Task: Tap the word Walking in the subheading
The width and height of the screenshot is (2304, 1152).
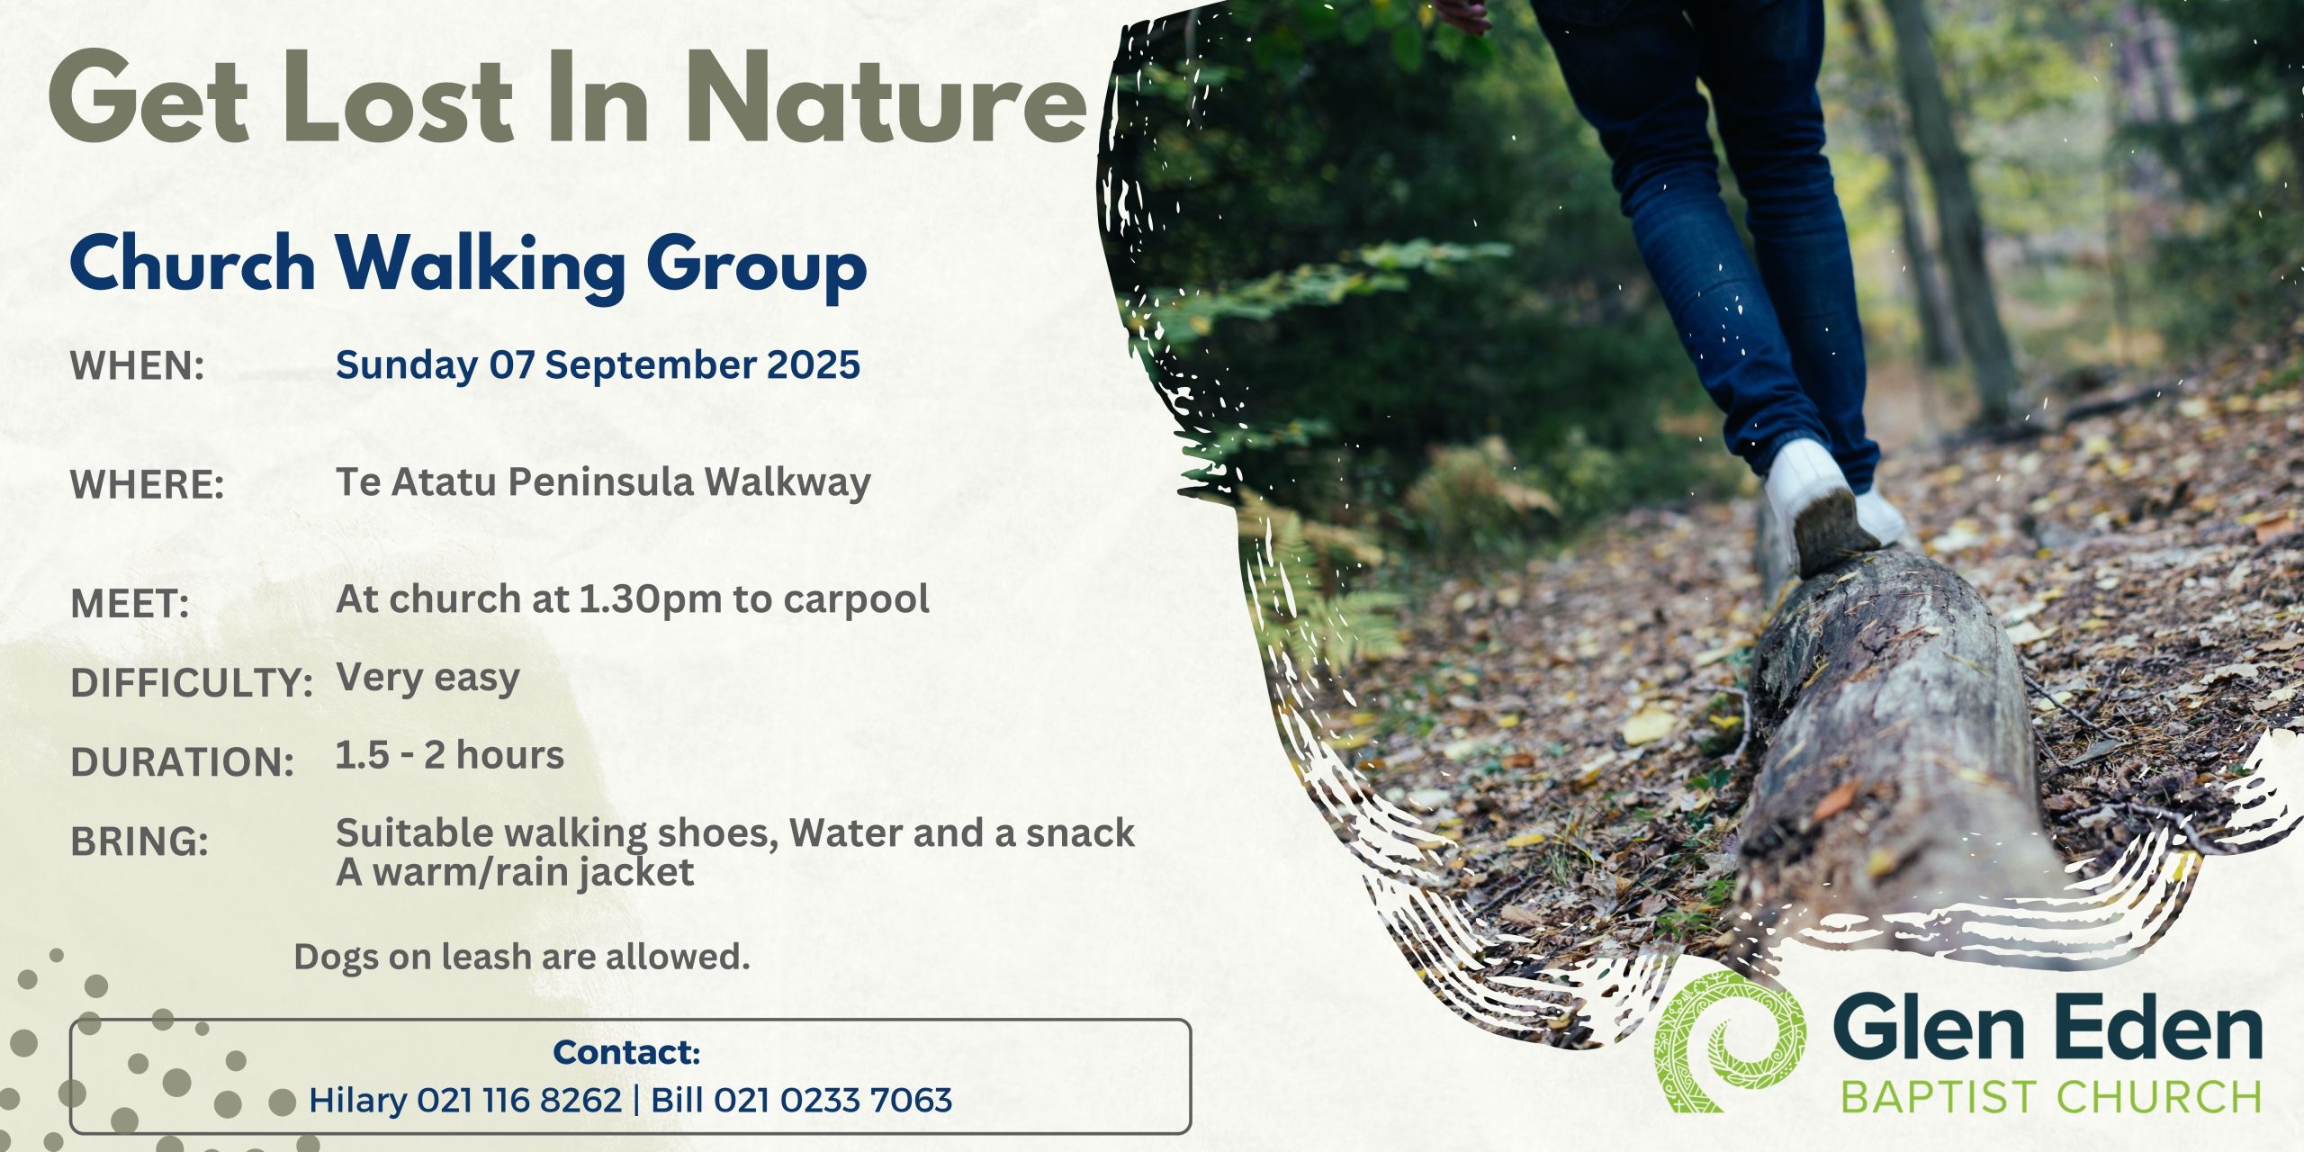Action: (481, 265)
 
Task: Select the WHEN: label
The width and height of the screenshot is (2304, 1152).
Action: (138, 365)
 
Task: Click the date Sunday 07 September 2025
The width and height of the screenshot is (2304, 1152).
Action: (598, 365)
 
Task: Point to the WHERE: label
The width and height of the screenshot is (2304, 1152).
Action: (147, 485)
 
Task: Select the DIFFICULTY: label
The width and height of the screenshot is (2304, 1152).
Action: (192, 683)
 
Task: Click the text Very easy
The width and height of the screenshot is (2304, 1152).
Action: (427, 678)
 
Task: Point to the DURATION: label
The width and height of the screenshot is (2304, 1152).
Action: (183, 762)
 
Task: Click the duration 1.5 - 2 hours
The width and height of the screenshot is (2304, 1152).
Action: (450, 755)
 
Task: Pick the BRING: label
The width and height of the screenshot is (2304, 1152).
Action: (139, 841)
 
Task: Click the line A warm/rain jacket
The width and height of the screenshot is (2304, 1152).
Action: (515, 872)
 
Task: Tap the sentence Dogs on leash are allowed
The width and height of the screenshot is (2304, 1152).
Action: (522, 957)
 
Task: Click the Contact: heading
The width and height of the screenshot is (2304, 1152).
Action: (626, 1051)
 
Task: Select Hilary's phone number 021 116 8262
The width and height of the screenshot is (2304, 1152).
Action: (519, 1100)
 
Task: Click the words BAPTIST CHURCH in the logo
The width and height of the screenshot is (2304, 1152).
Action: (2051, 1097)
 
